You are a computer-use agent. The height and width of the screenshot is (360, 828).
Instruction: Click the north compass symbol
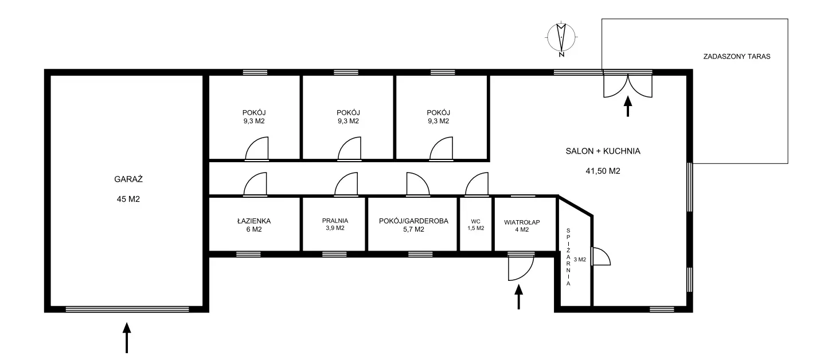[x=561, y=38]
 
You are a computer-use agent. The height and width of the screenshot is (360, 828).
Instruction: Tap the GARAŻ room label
[x=128, y=179]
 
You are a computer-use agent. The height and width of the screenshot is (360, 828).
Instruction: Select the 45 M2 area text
[x=128, y=199]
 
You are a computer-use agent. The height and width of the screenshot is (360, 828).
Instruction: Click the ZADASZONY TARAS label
[x=737, y=57]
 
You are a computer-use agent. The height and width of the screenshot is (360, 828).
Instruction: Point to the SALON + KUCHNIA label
[x=603, y=151]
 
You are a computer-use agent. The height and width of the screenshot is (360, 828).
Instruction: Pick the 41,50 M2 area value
[x=603, y=171]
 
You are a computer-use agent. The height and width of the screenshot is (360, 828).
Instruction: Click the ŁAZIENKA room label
[x=254, y=221]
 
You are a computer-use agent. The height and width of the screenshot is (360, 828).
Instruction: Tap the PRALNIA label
[x=335, y=221]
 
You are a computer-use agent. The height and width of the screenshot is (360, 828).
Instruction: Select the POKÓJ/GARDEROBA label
[x=413, y=221]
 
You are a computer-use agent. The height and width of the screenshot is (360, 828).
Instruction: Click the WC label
[x=476, y=221]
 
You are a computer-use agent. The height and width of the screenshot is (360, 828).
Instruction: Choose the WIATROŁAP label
[x=522, y=222]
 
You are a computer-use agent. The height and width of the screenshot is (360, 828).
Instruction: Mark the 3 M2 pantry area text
[x=580, y=260]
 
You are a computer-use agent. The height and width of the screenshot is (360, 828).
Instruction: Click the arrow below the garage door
[x=127, y=338]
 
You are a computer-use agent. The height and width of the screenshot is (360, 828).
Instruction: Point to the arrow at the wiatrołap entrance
[x=518, y=297]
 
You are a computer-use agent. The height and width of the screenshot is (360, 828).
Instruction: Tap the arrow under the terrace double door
[x=628, y=107]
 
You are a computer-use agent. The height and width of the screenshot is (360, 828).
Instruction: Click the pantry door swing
[x=601, y=256]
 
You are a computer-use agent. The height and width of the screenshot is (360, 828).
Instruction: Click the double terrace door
[x=628, y=84]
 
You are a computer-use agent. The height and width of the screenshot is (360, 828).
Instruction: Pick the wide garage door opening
[x=127, y=310]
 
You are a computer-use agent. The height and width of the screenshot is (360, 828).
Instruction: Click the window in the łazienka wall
[x=248, y=255]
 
